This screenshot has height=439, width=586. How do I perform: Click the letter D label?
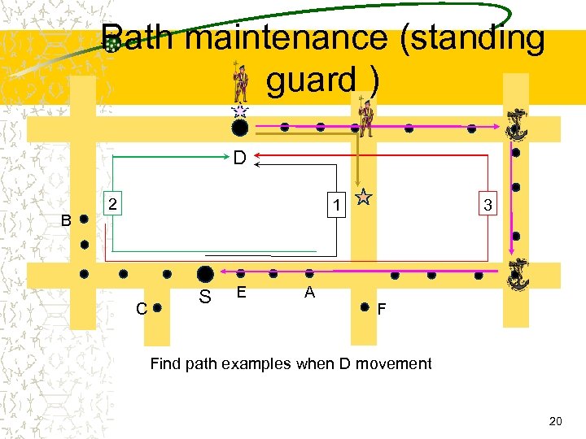239,156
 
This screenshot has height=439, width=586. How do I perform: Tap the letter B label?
68,220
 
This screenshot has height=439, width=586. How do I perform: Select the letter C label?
142,308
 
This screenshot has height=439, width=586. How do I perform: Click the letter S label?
205,298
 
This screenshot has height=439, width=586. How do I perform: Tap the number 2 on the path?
115,202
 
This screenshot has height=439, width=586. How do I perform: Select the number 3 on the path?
487,206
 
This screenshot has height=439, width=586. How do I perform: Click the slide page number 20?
556,420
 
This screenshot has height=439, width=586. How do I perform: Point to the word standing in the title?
472,38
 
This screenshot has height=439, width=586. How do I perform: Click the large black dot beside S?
205,274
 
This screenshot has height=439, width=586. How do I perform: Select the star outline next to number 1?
364,196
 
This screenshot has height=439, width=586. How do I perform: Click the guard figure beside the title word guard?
240,82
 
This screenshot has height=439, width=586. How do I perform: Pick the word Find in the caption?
166,363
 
